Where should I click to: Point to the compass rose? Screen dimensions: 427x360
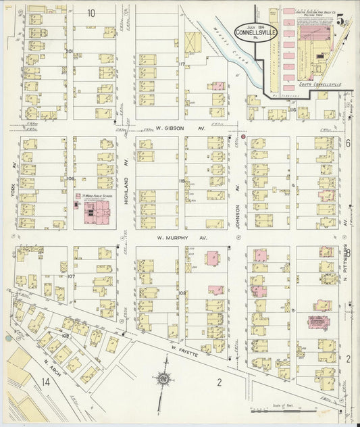click(166, 380)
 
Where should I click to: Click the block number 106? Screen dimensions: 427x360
click(70, 178)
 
